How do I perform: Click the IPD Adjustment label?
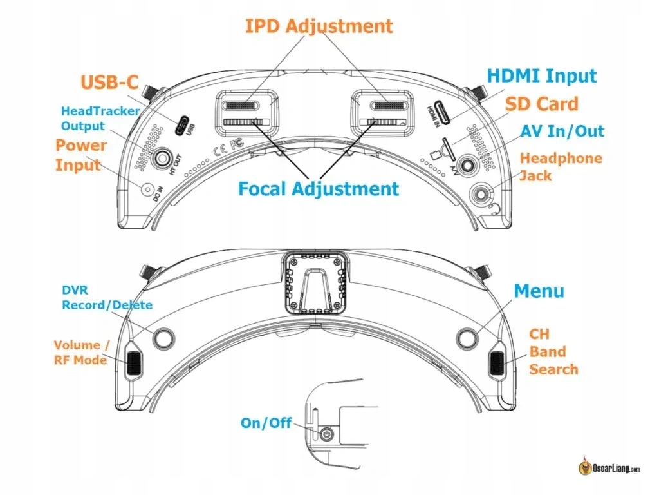pyautogui.click(x=319, y=26)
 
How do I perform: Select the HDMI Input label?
pyautogui.click(x=542, y=76)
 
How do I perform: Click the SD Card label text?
pyautogui.click(x=541, y=104)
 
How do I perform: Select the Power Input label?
pyautogui.click(x=80, y=155)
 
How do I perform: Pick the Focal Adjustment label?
pyautogui.click(x=319, y=189)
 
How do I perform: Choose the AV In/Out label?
pyautogui.click(x=562, y=131)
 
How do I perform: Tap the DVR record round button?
pyautogui.click(x=163, y=337)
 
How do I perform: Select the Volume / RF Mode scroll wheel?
pyautogui.click(x=134, y=363)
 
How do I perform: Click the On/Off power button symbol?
pyautogui.click(x=328, y=434)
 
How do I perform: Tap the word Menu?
pyautogui.click(x=539, y=291)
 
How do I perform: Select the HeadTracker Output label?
pyautogui.click(x=100, y=118)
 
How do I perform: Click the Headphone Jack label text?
pyautogui.click(x=561, y=166)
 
